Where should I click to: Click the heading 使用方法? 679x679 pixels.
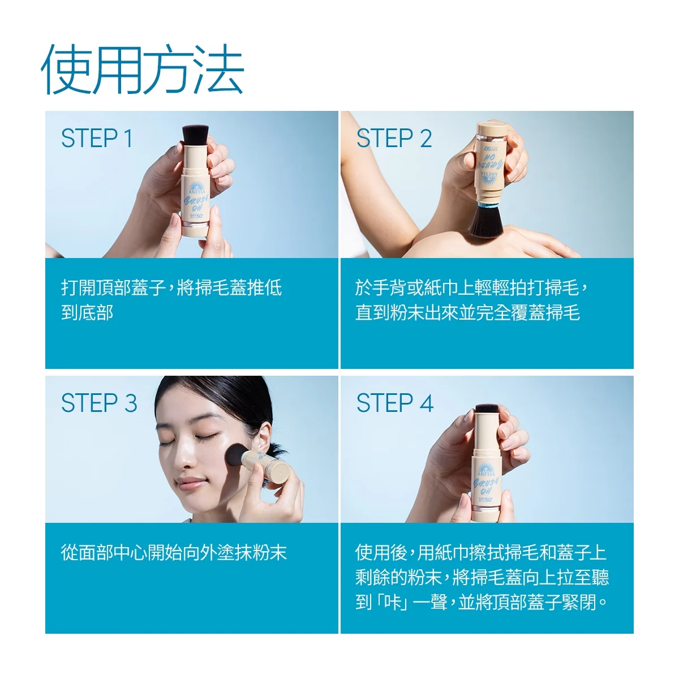(143, 69)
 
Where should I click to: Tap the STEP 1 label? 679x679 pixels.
(97, 138)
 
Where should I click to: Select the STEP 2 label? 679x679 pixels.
(394, 138)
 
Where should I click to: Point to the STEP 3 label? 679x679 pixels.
(99, 403)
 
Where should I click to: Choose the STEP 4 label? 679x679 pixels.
(394, 403)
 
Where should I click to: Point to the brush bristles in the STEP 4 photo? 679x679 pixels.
(487, 408)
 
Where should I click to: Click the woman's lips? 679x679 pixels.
(190, 483)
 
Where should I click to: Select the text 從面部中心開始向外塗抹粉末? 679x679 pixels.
(174, 552)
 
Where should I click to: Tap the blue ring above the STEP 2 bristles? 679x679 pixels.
(488, 205)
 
